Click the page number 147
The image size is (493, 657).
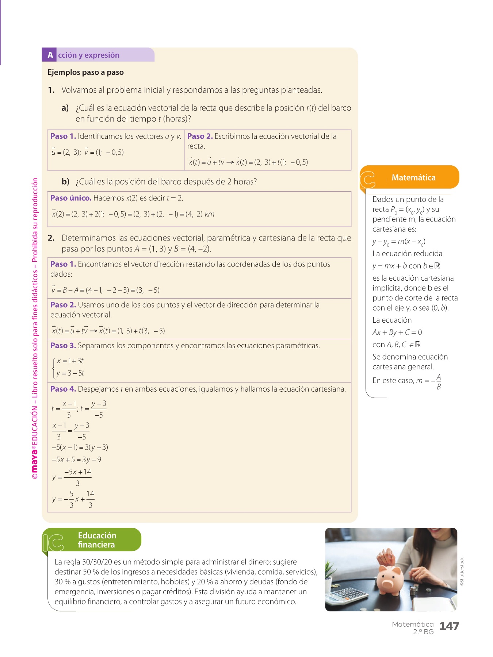[449, 626]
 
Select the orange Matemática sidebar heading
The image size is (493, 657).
[413, 178]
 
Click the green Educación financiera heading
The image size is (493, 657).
[97, 540]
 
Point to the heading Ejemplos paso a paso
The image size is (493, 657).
[85, 72]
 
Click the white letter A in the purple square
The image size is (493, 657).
[50, 55]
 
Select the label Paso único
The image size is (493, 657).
[71, 198]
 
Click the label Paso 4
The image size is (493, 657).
[63, 389]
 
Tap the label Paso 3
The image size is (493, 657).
[63, 346]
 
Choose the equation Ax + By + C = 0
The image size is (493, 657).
[397, 333]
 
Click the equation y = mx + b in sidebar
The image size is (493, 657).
[390, 266]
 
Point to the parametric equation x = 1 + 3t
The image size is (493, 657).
[70, 361]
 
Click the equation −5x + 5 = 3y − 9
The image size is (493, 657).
[76, 460]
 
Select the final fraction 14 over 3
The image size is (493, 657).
[90, 499]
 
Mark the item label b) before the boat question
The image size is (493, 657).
[65, 181]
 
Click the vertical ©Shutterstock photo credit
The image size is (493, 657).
[462, 572]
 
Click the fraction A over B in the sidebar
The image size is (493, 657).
[439, 381]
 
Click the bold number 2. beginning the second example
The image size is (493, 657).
[51, 238]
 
